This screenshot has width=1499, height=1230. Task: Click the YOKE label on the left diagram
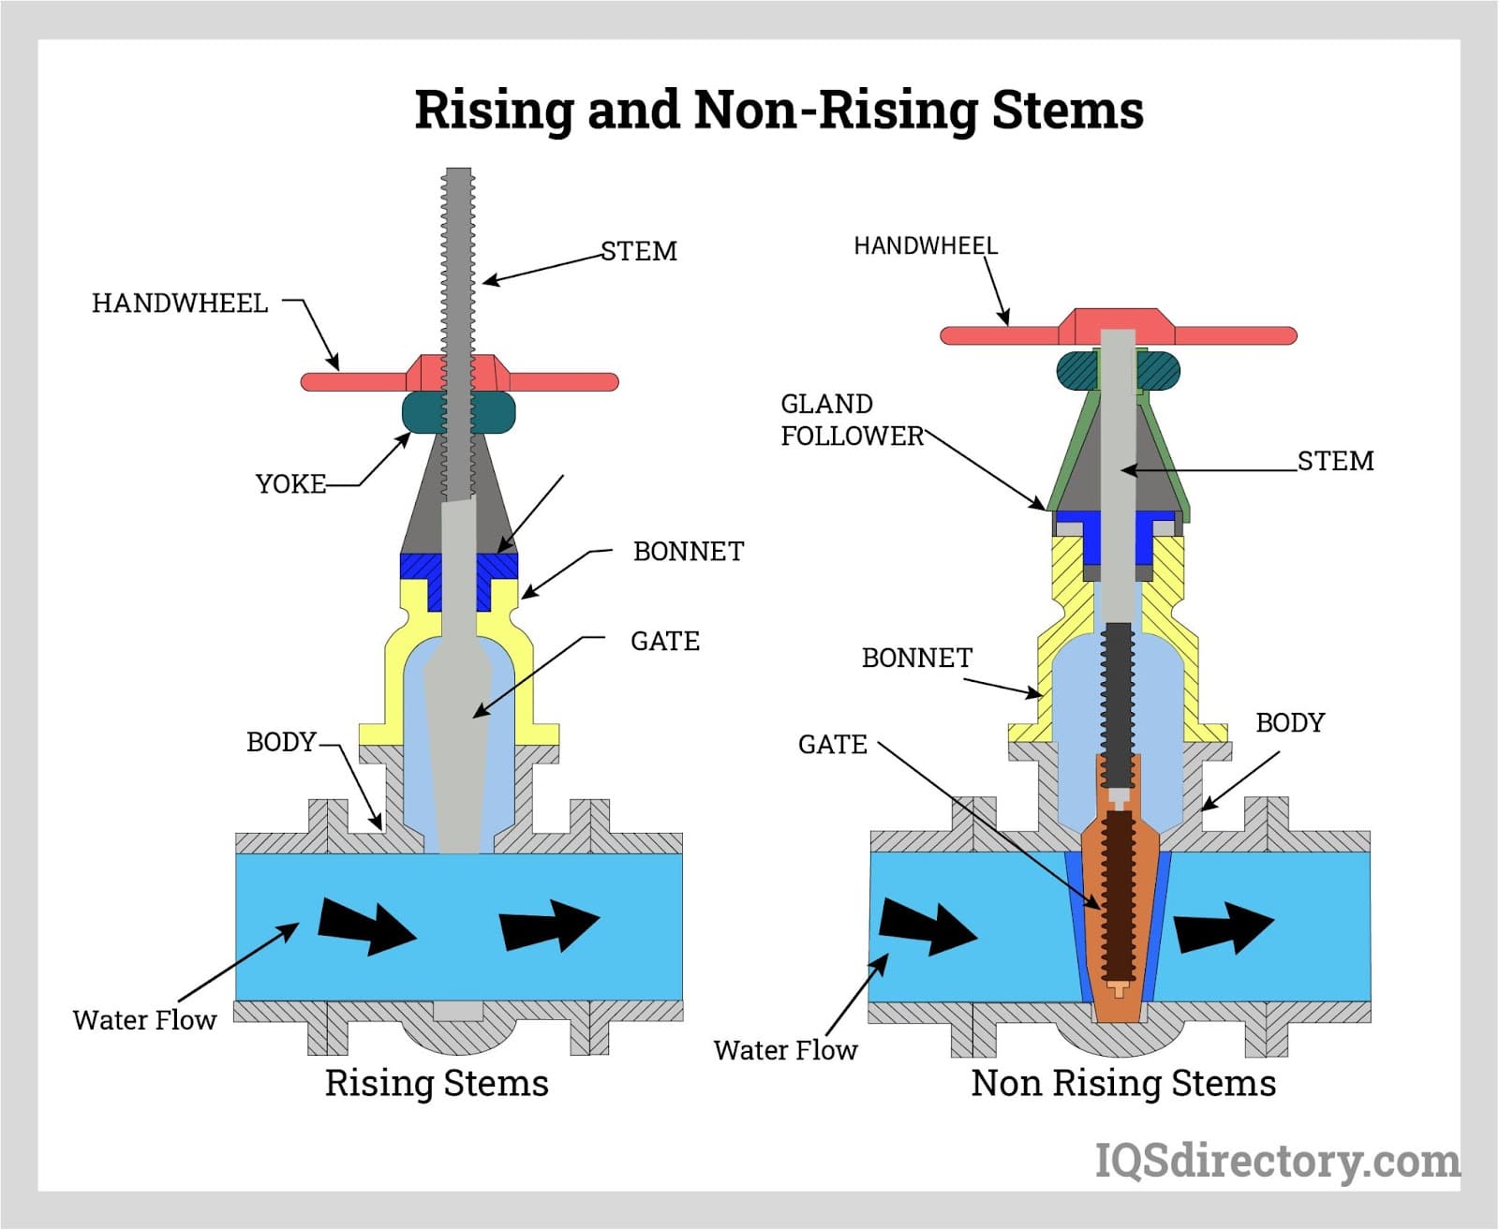pyautogui.click(x=290, y=484)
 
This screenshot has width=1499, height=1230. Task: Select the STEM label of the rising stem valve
pyautogui.click(x=638, y=251)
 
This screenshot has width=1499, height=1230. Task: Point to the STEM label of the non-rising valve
pyautogui.click(x=1335, y=461)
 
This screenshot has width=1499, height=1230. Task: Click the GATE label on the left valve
pyautogui.click(x=664, y=642)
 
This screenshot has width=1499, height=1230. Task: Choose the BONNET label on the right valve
pyautogui.click(x=916, y=659)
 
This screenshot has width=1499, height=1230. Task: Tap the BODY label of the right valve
pyautogui.click(x=1289, y=723)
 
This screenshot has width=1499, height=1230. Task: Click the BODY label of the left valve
pyautogui.click(x=281, y=742)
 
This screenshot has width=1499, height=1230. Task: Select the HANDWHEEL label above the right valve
pyautogui.click(x=925, y=246)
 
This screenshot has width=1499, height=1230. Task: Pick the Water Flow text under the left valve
pyautogui.click(x=144, y=1020)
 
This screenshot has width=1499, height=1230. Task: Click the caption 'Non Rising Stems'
pyautogui.click(x=1122, y=1083)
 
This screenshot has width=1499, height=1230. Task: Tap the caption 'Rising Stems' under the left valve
pyautogui.click(x=437, y=1083)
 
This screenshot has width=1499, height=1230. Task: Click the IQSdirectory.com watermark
pyautogui.click(x=1277, y=1162)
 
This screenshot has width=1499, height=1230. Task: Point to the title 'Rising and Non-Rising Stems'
pyautogui.click(x=779, y=110)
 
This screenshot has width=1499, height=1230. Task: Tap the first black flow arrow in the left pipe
pyautogui.click(x=365, y=926)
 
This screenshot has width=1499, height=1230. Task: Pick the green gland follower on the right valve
pyautogui.click(x=1064, y=468)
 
